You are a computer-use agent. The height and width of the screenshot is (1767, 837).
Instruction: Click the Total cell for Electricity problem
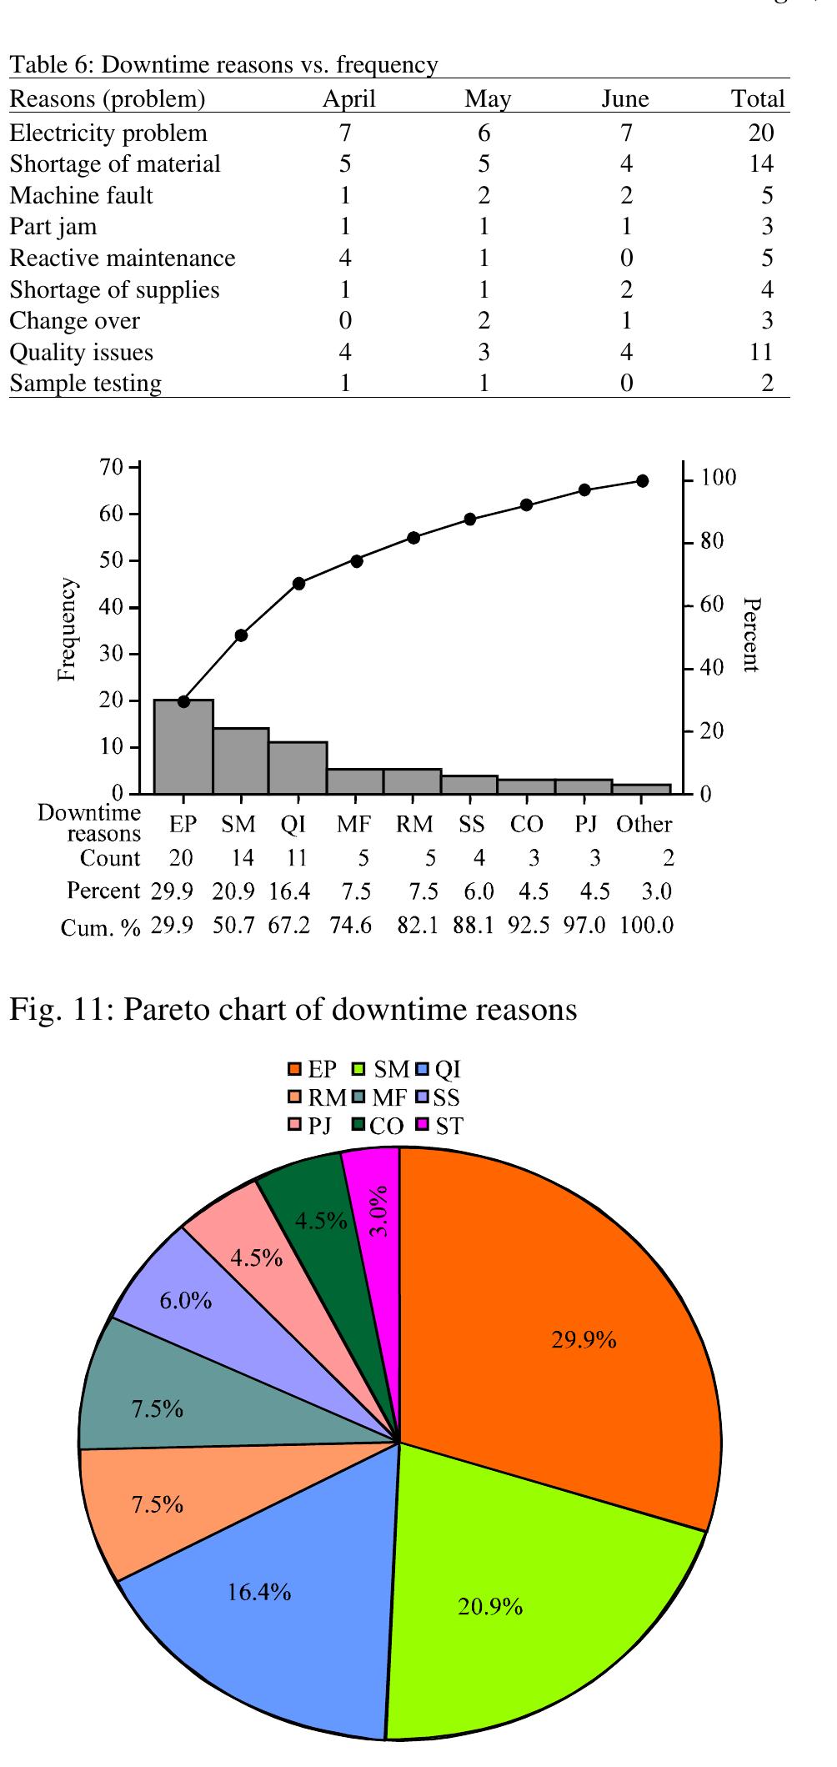(761, 133)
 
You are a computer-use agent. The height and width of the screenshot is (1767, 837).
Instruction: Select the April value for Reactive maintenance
(345, 259)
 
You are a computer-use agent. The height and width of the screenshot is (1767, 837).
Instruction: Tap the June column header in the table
(625, 99)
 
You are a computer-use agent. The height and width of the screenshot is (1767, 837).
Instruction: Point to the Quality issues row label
(81, 353)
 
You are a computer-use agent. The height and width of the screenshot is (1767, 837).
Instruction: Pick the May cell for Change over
(484, 321)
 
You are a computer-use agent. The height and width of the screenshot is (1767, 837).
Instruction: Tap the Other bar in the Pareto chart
(641, 789)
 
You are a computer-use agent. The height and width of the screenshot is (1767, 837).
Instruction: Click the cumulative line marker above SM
(241, 635)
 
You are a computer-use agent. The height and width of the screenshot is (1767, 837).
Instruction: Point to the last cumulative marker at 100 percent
(642, 481)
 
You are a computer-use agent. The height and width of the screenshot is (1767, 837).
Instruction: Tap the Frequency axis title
(68, 630)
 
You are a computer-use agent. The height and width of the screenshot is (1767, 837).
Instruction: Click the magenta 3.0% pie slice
(375, 1201)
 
